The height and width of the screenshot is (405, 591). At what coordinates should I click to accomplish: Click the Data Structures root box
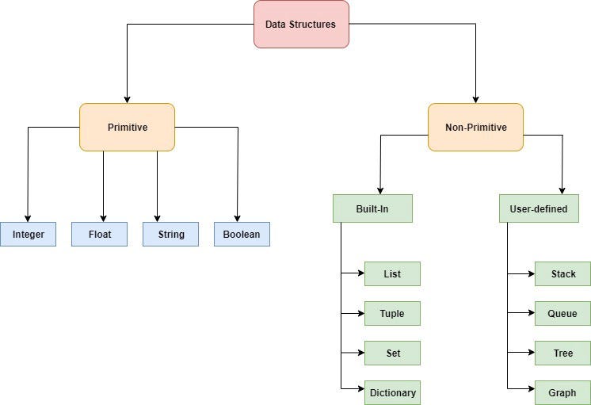coord(301,25)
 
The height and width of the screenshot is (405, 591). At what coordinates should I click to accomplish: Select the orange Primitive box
coord(127,127)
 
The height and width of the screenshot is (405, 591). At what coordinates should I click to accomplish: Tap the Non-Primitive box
coord(475,127)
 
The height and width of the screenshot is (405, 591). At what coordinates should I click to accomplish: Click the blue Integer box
coord(28,234)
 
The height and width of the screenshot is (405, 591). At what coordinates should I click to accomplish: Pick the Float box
coord(99,234)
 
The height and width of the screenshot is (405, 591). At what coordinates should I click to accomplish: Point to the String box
coord(170,234)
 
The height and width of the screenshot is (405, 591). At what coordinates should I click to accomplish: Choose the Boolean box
coord(242,234)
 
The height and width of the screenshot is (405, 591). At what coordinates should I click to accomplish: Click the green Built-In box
coord(372,208)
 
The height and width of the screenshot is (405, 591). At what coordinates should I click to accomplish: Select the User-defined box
coord(539,208)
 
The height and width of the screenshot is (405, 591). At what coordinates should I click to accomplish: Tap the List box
coord(392,273)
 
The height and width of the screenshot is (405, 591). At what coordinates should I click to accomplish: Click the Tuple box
coord(392,313)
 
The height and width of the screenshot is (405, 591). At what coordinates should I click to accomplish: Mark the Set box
coord(392,353)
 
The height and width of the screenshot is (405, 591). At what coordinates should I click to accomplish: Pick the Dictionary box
coord(392,392)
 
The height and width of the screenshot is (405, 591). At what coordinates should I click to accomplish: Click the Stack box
coord(562,273)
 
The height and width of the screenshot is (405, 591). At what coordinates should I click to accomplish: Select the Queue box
coord(562,313)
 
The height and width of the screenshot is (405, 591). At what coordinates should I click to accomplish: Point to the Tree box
coord(562,353)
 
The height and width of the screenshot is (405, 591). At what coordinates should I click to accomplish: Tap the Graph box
coord(562,392)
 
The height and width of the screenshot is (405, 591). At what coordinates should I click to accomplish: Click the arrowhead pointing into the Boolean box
coord(238,218)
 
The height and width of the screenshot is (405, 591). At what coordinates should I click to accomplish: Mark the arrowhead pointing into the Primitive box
coord(127,99)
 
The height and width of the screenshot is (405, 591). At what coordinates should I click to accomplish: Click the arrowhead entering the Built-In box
coord(380,190)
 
